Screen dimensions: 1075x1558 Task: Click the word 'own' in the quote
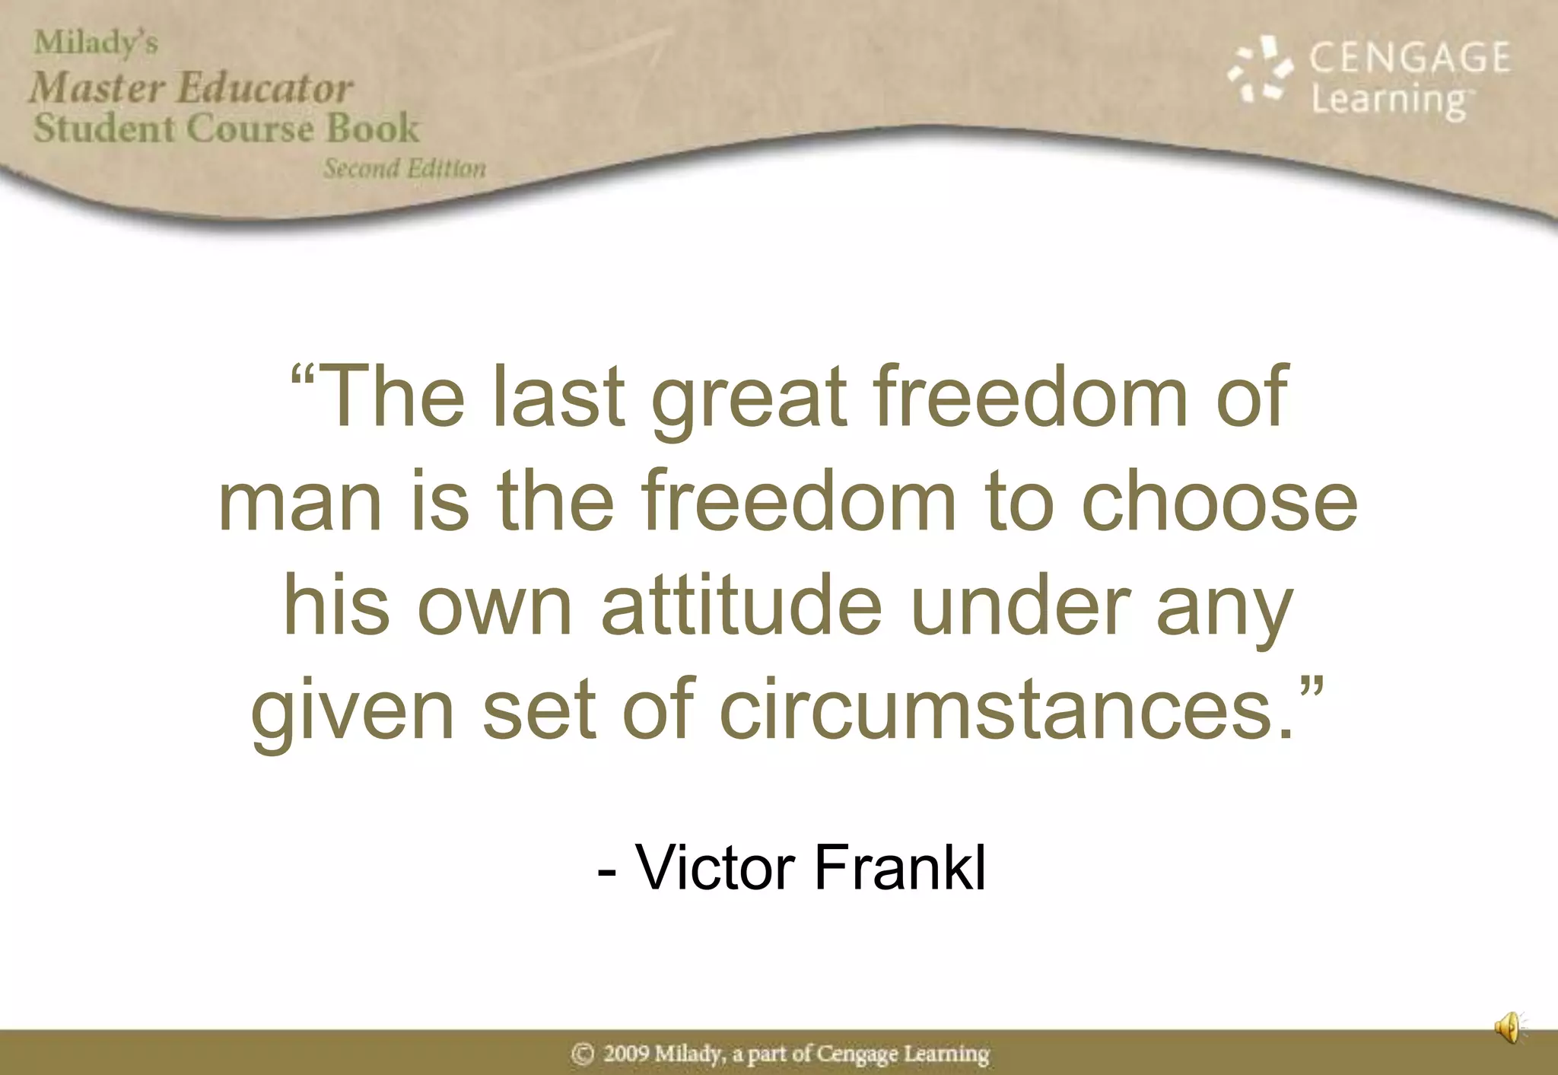(x=494, y=609)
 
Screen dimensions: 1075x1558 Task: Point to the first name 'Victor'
(x=716, y=867)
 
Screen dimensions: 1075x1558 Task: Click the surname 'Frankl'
(x=901, y=867)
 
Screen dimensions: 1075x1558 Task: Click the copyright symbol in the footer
(x=583, y=1054)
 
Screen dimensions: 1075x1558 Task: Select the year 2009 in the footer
(x=626, y=1054)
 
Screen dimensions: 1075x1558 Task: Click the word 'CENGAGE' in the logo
(x=1410, y=58)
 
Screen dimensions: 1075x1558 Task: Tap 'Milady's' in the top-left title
(x=96, y=43)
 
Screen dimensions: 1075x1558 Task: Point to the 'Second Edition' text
(x=405, y=168)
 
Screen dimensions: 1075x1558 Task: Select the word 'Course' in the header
(x=250, y=127)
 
